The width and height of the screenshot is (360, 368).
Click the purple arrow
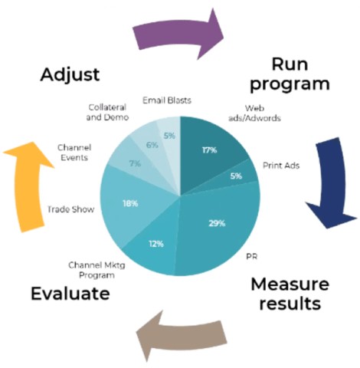coord(178,34)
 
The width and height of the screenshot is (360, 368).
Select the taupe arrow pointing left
coord(182,335)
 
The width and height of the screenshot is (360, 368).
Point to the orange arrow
coord(28,186)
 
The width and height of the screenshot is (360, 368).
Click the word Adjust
coord(70,75)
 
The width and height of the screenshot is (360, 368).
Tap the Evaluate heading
coord(70,293)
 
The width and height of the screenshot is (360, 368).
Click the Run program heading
coord(290,75)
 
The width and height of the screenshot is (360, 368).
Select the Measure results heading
coord(290,294)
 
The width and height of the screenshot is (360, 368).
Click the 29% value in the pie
coord(217,223)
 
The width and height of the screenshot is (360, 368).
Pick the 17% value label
coord(210,150)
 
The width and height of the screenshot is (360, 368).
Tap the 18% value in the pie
coord(130,203)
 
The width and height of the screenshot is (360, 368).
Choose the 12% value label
coord(156,244)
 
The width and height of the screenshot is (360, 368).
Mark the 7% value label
coord(135,163)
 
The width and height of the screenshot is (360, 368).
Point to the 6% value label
coord(152,145)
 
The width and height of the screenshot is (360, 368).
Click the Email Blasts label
coord(167,100)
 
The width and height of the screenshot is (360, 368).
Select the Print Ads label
coord(281,166)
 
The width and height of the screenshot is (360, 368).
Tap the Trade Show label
coord(70,209)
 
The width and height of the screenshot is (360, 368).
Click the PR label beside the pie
coord(251,256)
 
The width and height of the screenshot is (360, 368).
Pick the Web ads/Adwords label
coord(254,113)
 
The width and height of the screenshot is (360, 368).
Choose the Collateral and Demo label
coord(107,112)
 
